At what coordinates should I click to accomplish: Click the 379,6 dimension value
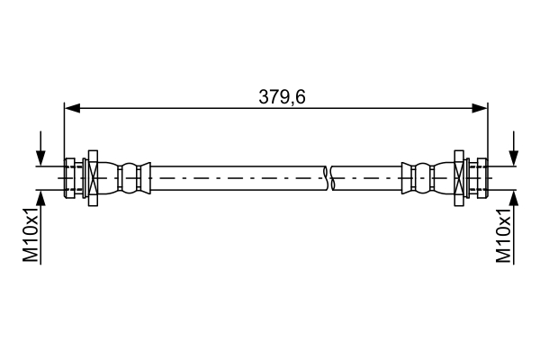tap(282, 96)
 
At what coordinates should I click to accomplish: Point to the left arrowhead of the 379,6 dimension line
tap(70, 108)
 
